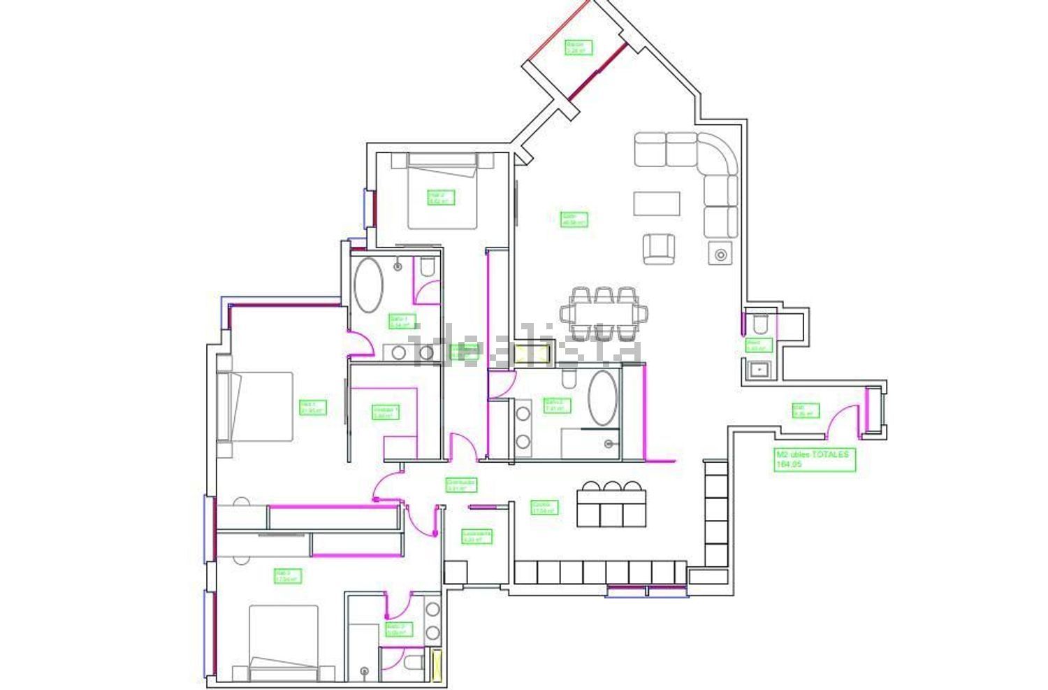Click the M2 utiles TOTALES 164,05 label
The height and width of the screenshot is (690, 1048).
[x=815, y=459]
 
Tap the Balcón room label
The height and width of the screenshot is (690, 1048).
[x=578, y=47]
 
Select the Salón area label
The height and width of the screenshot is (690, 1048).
[x=574, y=220]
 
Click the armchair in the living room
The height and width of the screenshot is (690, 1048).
[x=660, y=249]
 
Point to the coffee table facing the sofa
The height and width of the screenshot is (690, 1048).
[x=657, y=203]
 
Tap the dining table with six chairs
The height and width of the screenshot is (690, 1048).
[x=604, y=312]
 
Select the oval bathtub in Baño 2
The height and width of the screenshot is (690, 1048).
[x=603, y=398]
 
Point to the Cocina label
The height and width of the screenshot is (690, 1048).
[x=544, y=508]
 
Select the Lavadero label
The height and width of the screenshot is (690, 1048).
[x=476, y=536]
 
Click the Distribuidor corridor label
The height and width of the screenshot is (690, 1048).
[x=461, y=485]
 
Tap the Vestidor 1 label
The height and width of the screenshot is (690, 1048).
[x=386, y=412]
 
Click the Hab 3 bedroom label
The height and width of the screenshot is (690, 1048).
[x=287, y=576]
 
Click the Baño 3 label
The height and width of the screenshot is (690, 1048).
[x=398, y=630]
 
